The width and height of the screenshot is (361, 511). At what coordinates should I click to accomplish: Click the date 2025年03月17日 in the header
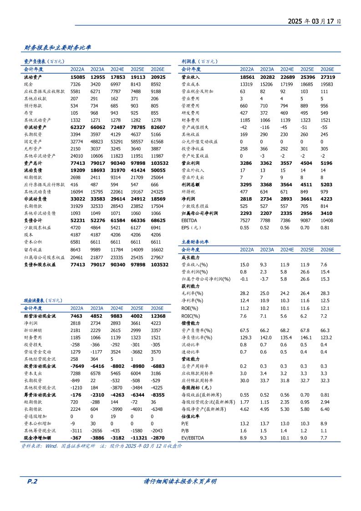coord(314,21)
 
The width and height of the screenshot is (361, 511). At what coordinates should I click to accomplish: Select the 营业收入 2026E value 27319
coord(327,77)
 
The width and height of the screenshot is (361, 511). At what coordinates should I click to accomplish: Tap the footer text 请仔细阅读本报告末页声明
coord(180,481)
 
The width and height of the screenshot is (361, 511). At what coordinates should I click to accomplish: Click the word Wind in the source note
coord(51,446)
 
